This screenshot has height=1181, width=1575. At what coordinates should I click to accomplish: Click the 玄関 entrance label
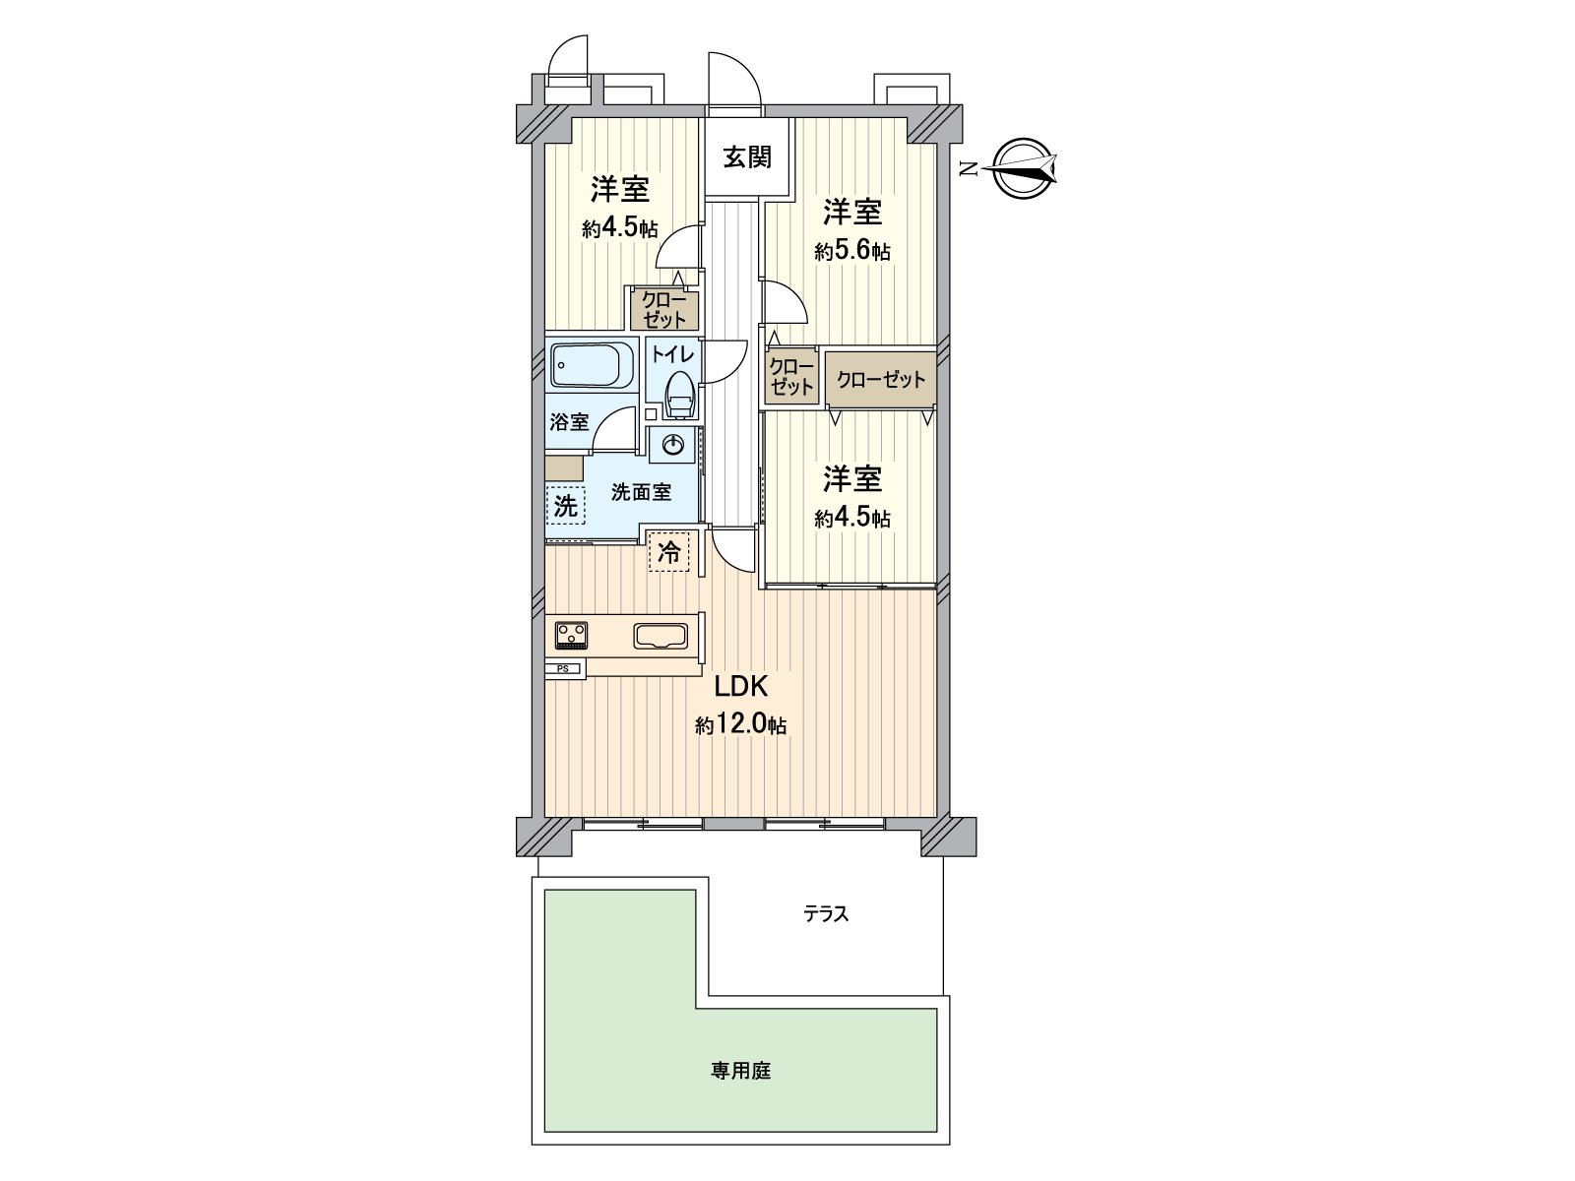click(x=747, y=156)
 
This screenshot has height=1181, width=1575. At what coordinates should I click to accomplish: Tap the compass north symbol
click(x=1024, y=168)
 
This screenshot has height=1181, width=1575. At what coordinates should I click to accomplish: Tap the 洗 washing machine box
click(x=565, y=506)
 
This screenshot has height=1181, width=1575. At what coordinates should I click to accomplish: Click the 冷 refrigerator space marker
click(x=668, y=551)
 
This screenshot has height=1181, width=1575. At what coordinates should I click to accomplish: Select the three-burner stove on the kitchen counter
click(x=571, y=636)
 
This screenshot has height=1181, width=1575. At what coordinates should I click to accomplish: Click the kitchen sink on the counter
click(x=661, y=636)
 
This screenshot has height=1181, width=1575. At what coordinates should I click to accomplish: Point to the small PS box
click(x=564, y=668)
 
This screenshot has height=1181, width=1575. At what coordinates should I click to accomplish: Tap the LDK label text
click(x=740, y=687)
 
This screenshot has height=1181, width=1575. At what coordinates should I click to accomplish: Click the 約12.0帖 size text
click(x=740, y=725)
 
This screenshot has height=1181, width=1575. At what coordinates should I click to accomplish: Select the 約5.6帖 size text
click(x=852, y=251)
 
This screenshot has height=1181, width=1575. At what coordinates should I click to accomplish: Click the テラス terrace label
click(x=826, y=913)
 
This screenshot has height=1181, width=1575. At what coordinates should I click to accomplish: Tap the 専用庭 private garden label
click(x=740, y=1091)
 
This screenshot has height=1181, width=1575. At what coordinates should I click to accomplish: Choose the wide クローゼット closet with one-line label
click(x=880, y=379)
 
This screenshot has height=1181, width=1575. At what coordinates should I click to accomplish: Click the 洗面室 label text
click(x=641, y=492)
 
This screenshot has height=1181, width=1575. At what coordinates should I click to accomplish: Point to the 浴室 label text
click(x=569, y=421)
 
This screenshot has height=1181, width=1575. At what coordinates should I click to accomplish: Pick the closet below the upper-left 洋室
click(x=663, y=309)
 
